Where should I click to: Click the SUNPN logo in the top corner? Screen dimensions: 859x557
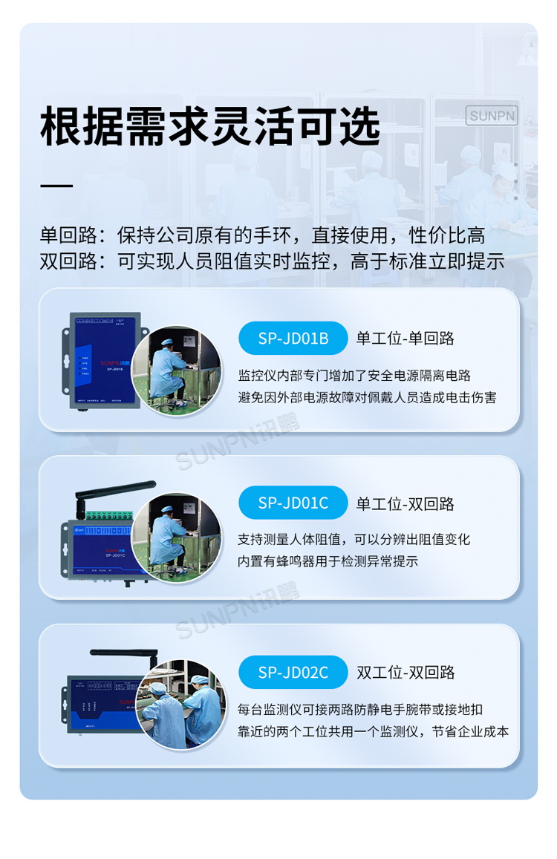[x=491, y=116]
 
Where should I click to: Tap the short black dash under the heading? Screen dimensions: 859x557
[x=56, y=184]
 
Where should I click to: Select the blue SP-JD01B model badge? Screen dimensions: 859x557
[x=293, y=339]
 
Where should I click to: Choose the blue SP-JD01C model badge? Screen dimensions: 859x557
[x=293, y=503]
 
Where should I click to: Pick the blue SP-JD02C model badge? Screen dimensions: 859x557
[x=293, y=672]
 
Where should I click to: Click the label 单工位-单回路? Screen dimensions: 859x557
[x=405, y=339]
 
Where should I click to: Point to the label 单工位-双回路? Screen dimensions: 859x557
[x=405, y=503]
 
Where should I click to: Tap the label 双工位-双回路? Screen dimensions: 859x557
[x=405, y=673]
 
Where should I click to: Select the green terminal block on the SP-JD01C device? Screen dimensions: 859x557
[x=111, y=514]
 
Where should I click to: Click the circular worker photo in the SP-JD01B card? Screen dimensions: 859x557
[x=176, y=370]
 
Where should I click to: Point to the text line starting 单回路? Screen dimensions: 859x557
[x=262, y=235]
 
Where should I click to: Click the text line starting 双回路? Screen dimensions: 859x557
[x=272, y=261]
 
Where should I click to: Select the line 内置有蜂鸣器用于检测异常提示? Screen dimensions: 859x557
[x=328, y=561]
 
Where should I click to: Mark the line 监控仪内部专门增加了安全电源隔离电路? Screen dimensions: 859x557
[x=354, y=376]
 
